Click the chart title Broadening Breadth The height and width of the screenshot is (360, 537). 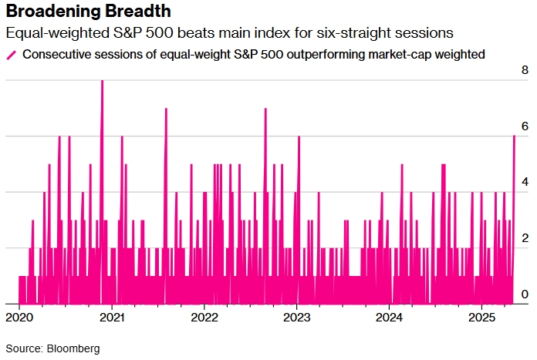pyautogui.click(x=89, y=13)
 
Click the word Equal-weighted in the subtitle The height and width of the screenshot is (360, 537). pyautogui.click(x=48, y=35)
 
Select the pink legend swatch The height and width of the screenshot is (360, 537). pyautogui.click(x=12, y=55)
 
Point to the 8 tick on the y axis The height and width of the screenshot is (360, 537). pyautogui.click(x=525, y=70)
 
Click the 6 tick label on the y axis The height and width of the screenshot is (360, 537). pyautogui.click(x=525, y=126)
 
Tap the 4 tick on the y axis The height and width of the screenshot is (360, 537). pyautogui.click(x=525, y=183)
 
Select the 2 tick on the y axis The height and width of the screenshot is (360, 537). pyautogui.click(x=525, y=239)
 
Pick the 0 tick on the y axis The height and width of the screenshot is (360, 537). pyautogui.click(x=525, y=294)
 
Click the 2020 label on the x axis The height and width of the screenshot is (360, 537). pyautogui.click(x=19, y=317)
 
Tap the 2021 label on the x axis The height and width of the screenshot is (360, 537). pyautogui.click(x=112, y=317)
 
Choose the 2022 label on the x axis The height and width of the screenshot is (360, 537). pyautogui.click(x=204, y=317)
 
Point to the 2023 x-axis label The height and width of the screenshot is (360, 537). pyautogui.click(x=297, y=317)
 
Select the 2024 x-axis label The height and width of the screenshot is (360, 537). pyautogui.click(x=390, y=317)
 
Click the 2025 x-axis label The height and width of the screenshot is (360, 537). pyautogui.click(x=482, y=317)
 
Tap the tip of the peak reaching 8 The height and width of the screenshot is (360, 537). pyautogui.click(x=102, y=81)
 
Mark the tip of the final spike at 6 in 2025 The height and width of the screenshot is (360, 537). pyautogui.click(x=514, y=136)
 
